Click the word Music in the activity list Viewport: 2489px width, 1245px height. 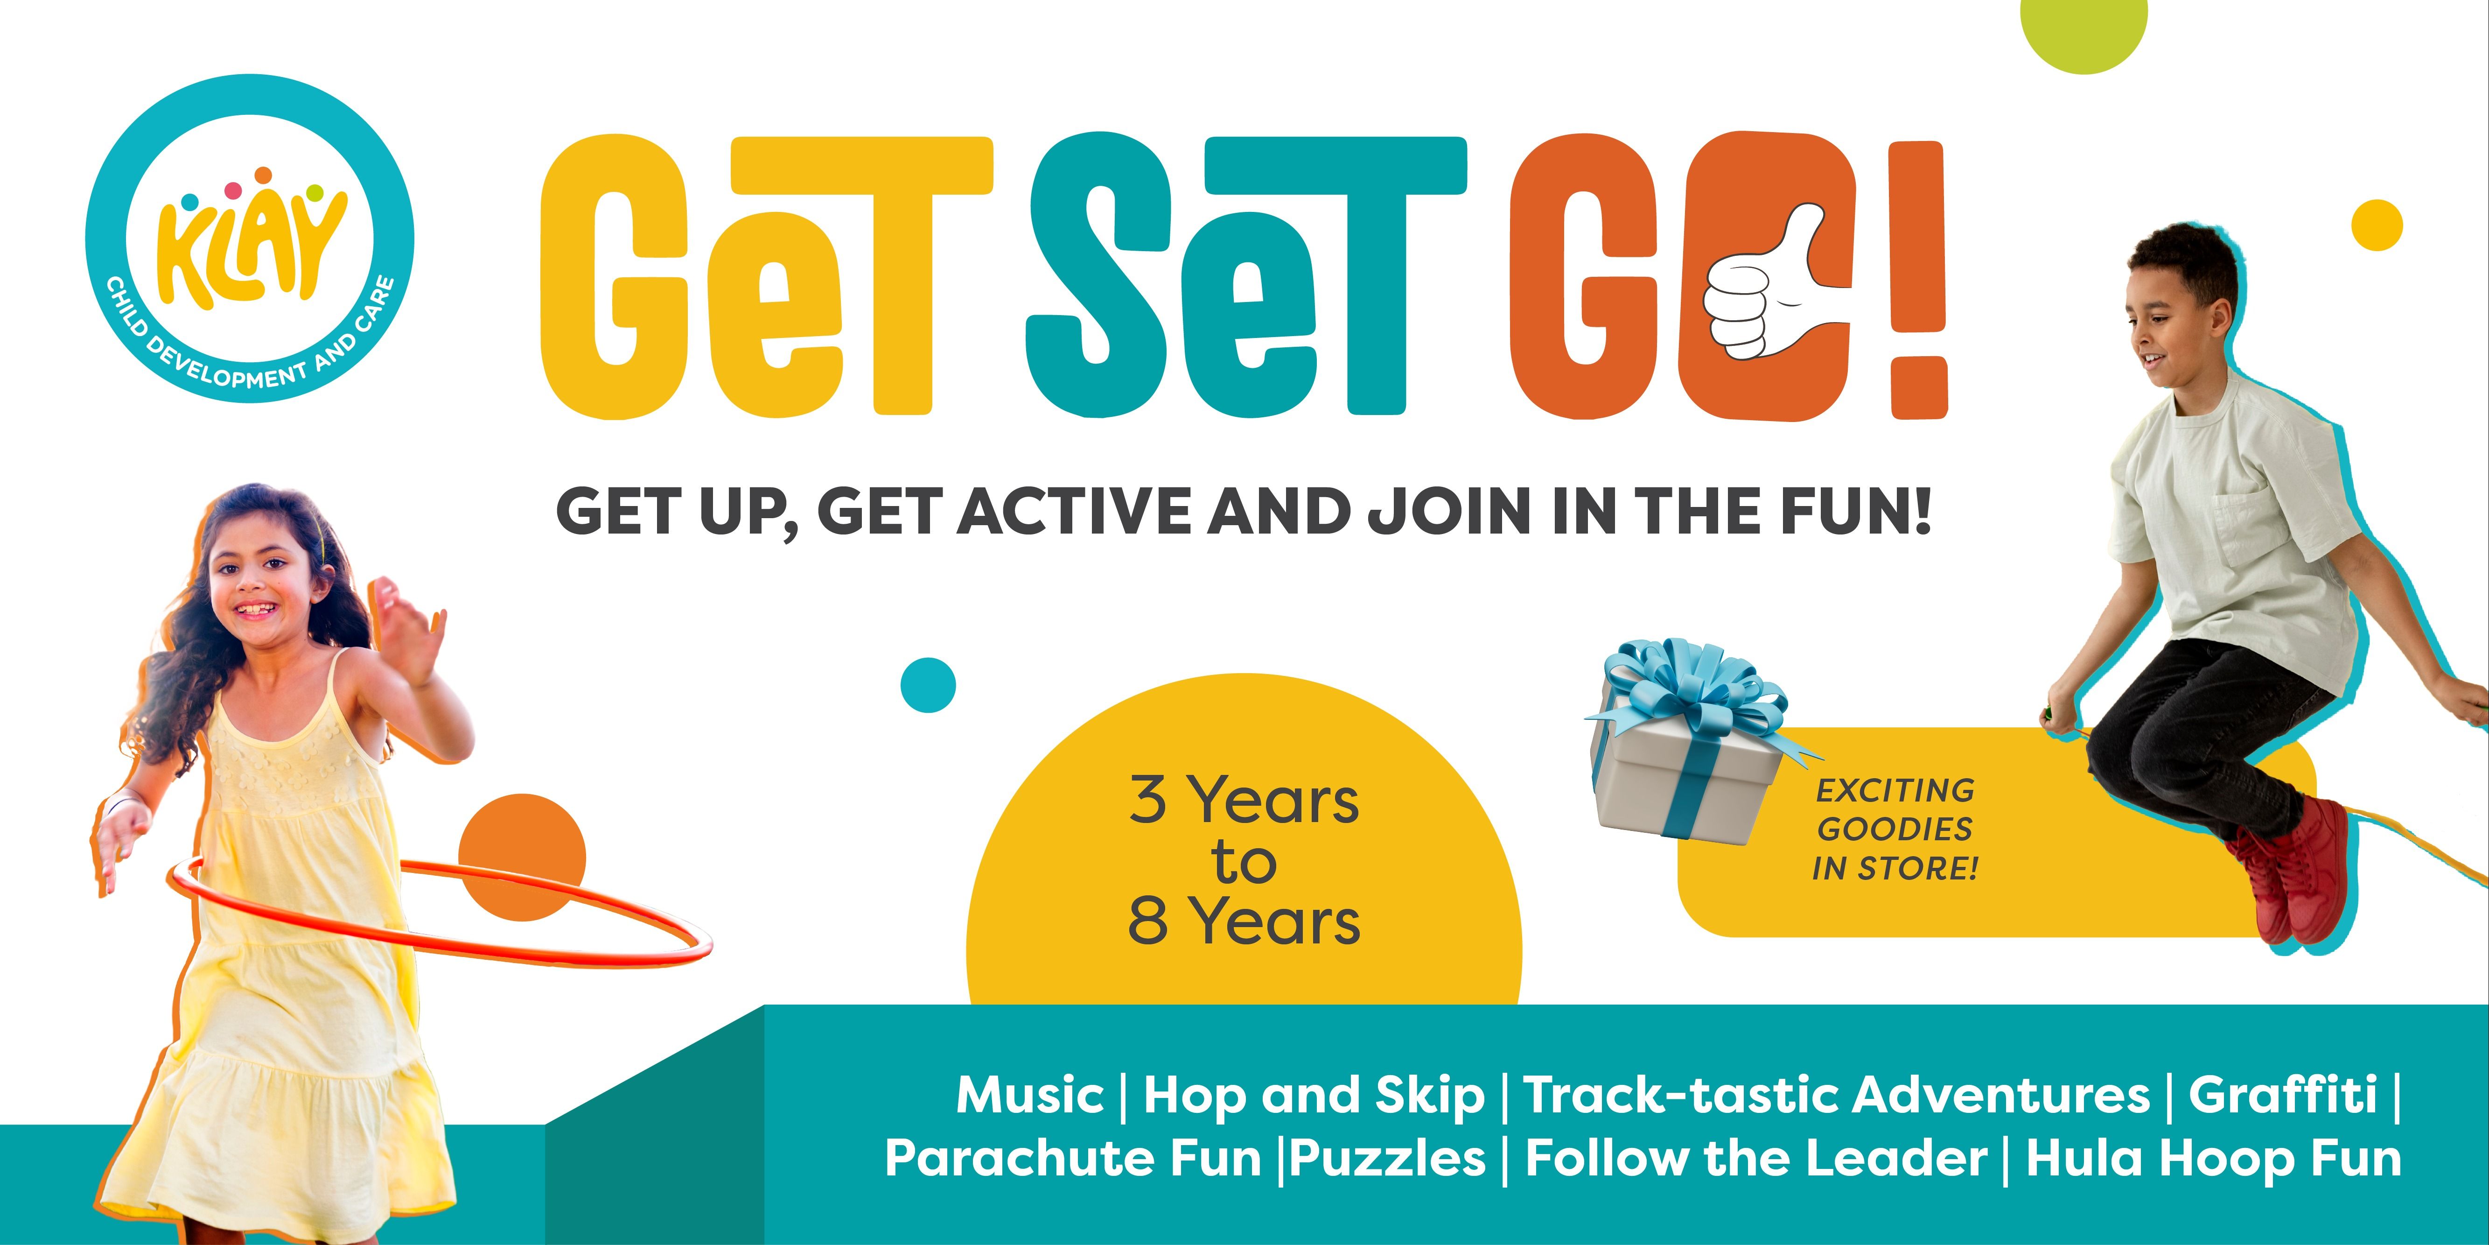(1029, 1095)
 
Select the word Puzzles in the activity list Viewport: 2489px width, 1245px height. (1389, 1158)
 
